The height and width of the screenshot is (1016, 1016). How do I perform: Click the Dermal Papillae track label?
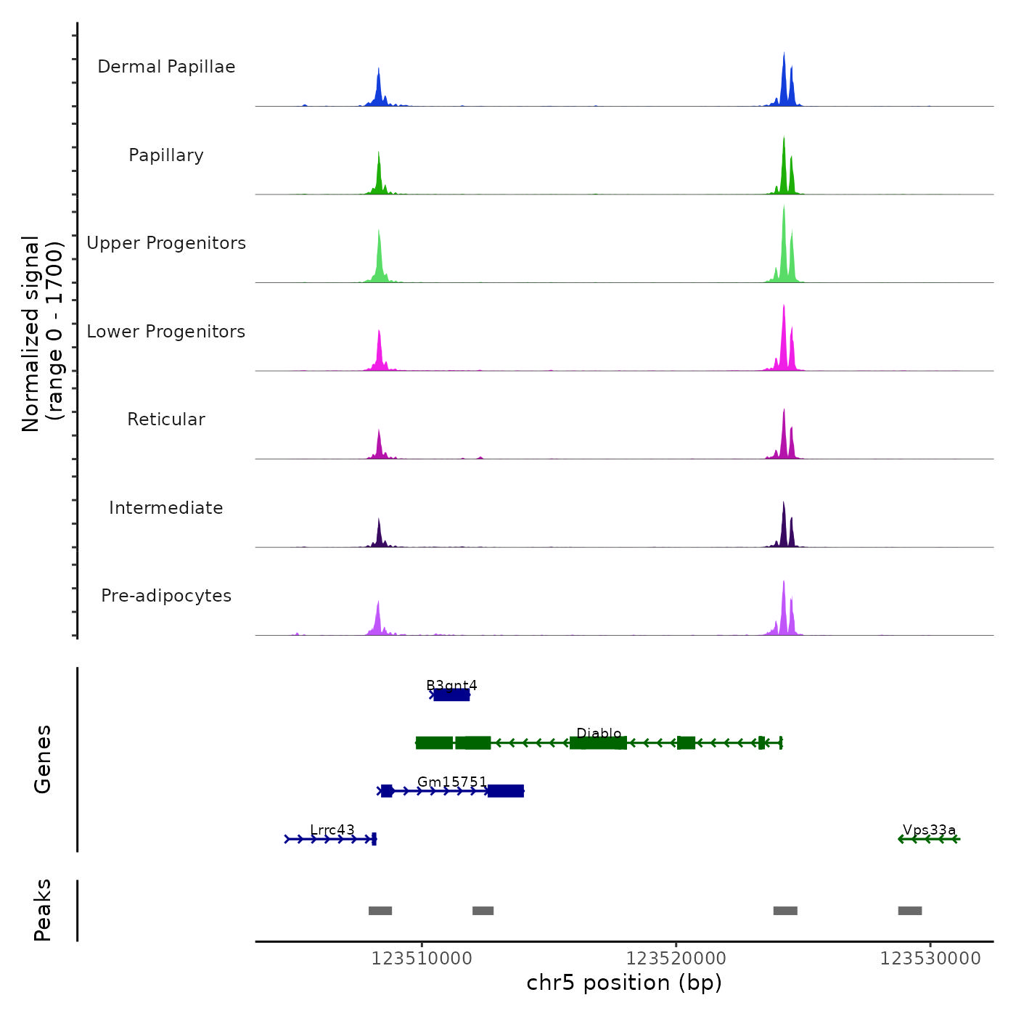click(166, 67)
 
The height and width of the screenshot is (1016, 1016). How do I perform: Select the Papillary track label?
click(166, 155)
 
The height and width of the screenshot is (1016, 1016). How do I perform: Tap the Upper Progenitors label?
click(166, 243)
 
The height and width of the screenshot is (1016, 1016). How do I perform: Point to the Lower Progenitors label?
click(166, 332)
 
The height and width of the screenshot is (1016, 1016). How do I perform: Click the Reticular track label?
click(166, 419)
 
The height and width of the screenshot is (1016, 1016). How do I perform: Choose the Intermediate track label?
click(166, 508)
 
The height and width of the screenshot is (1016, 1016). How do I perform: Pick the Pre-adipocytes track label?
click(166, 596)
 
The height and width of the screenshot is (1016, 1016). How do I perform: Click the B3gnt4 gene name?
click(451, 685)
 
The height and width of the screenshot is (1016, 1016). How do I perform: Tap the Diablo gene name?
click(599, 733)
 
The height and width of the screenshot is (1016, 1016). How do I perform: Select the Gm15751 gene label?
click(452, 782)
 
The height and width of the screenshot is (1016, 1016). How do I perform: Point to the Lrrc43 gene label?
click(332, 829)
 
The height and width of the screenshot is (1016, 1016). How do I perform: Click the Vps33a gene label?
click(929, 829)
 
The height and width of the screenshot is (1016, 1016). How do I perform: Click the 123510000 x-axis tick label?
click(422, 959)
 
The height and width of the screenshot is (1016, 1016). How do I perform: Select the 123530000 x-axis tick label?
click(930, 959)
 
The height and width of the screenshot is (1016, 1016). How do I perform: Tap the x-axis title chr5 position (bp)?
click(624, 983)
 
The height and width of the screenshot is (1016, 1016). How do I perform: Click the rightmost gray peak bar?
click(910, 911)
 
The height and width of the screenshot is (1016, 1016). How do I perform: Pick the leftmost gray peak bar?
click(380, 911)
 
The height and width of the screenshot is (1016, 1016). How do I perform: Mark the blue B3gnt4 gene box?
click(451, 695)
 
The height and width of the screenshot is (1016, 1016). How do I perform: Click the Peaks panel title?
click(43, 910)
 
